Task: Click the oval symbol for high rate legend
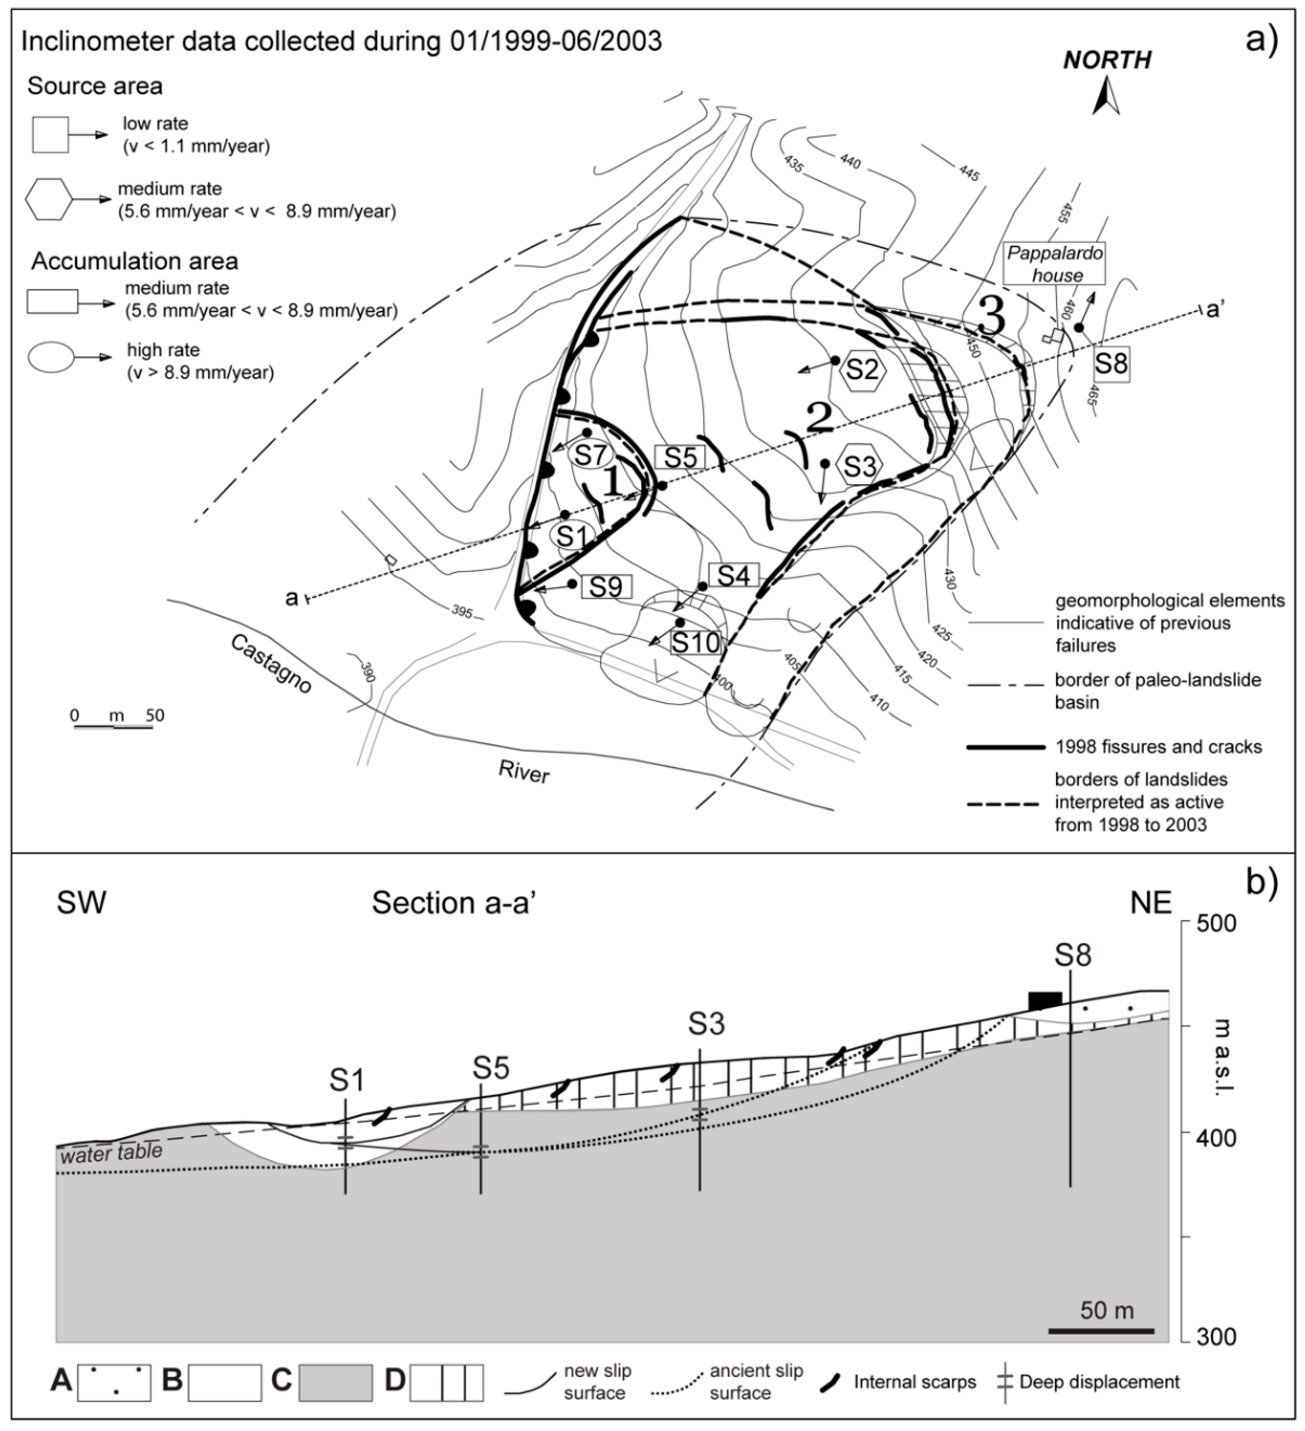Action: coord(50,358)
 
